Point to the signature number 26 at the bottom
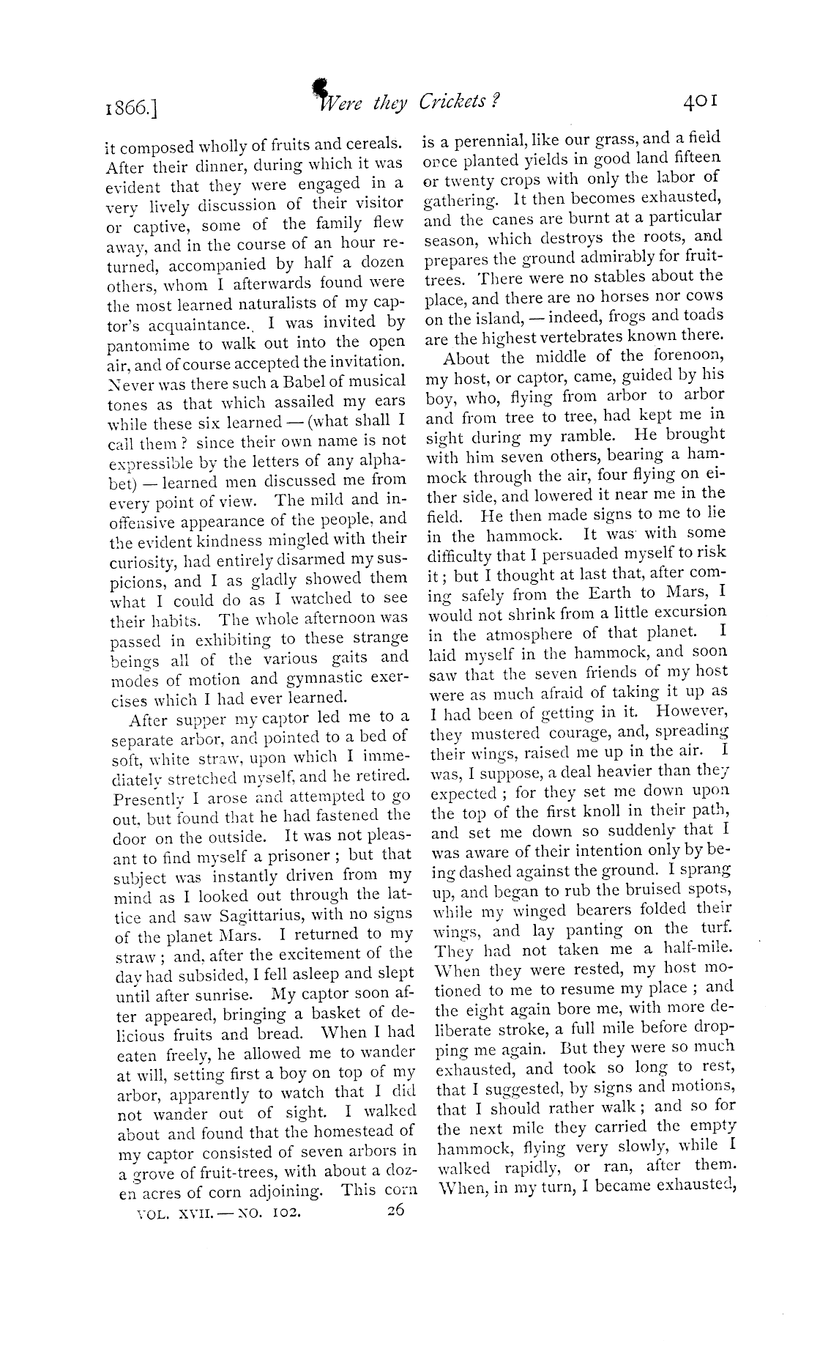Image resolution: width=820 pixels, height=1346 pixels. click(396, 1210)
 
